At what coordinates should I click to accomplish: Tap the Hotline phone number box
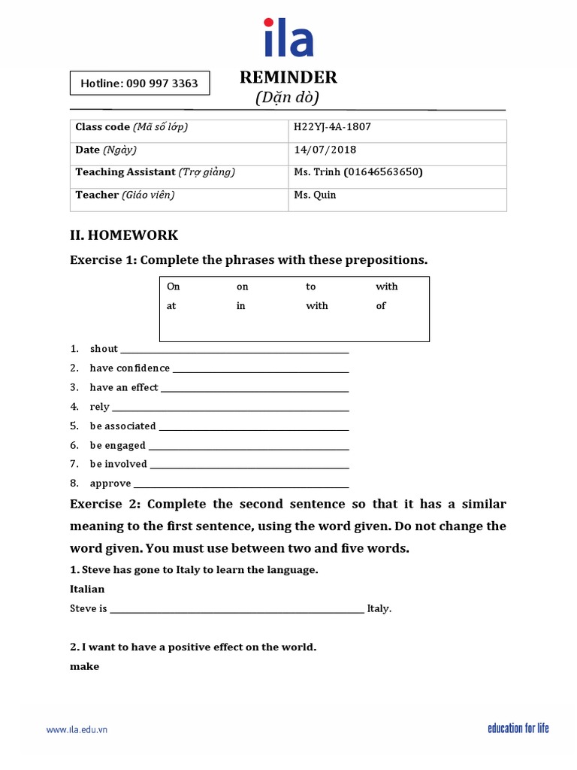[140, 83]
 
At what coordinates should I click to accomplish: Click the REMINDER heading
[288, 77]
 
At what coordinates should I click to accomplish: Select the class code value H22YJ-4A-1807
[332, 127]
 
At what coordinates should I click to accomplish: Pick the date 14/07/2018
[325, 150]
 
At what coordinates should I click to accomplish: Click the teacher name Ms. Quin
[315, 195]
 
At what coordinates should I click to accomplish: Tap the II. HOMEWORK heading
[124, 235]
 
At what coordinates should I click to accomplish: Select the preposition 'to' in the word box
[311, 286]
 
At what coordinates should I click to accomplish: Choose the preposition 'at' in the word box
[171, 306]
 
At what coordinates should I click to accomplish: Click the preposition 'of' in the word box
[381, 306]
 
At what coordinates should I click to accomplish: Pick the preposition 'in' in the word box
[241, 306]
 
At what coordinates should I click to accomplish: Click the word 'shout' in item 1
[104, 349]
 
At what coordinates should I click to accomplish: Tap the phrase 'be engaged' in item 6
[117, 445]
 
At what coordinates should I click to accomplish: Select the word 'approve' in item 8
[110, 484]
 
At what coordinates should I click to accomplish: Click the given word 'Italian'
[87, 589]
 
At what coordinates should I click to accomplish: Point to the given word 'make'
[84, 666]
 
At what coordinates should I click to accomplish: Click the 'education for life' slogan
[518, 728]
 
